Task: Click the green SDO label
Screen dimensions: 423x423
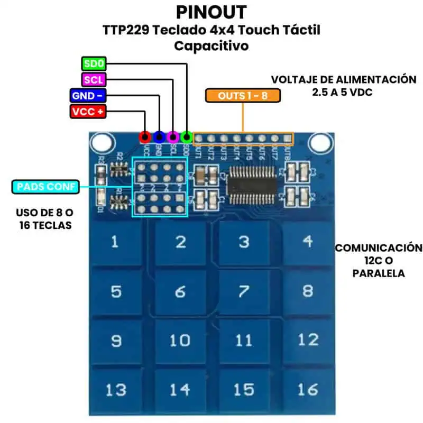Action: pyautogui.click(x=94, y=65)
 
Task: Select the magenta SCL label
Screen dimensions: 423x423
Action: pyautogui.click(x=94, y=80)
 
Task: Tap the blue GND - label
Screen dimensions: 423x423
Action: pyautogui.click(x=88, y=96)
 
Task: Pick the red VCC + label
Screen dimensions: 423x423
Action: pyautogui.click(x=88, y=112)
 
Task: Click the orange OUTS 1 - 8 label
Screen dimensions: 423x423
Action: pyautogui.click(x=243, y=96)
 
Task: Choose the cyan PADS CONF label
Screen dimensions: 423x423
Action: pyautogui.click(x=46, y=187)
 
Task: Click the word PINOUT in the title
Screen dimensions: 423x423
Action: pyautogui.click(x=211, y=12)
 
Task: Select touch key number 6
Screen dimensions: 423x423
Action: pyautogui.click(x=180, y=291)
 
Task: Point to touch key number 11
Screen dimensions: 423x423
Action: pyautogui.click(x=244, y=340)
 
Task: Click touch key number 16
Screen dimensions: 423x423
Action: pyautogui.click(x=308, y=389)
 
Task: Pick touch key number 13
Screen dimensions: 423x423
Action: pyautogui.click(x=115, y=390)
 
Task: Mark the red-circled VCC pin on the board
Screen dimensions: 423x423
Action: pyautogui.click(x=144, y=137)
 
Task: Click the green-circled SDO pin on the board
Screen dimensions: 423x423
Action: pyautogui.click(x=186, y=137)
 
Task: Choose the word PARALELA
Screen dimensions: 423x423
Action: pyautogui.click(x=379, y=273)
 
